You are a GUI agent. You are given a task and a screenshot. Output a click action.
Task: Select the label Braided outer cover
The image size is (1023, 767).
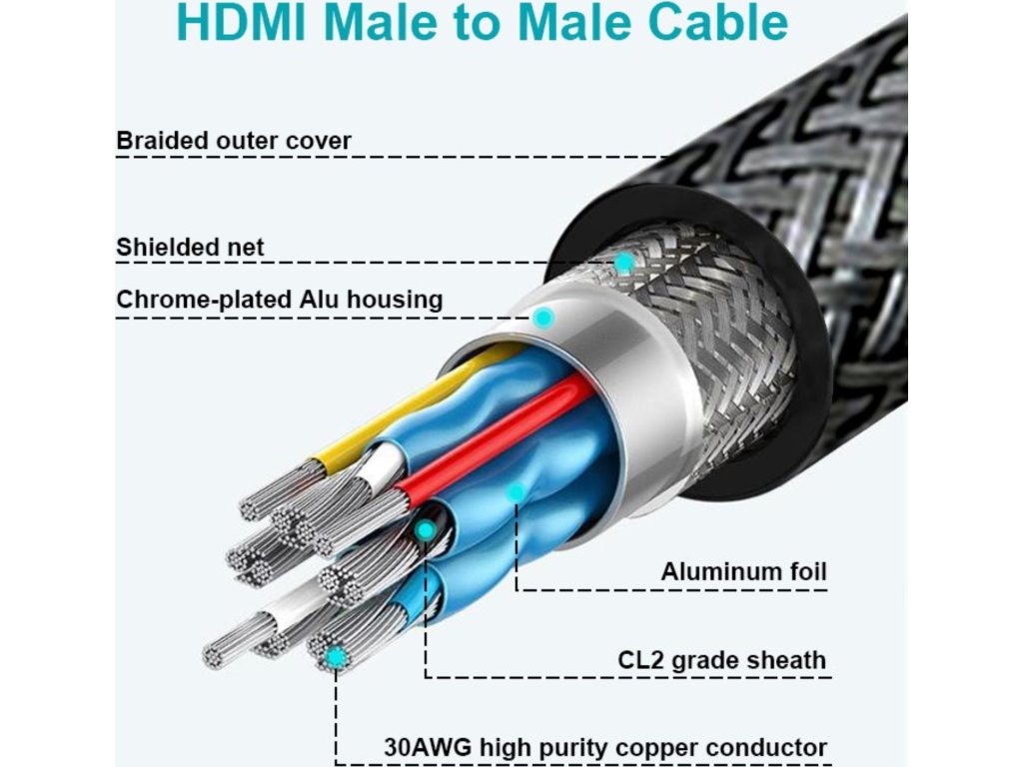click(234, 141)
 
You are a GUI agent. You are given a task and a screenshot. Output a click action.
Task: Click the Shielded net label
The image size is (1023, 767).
click(190, 247)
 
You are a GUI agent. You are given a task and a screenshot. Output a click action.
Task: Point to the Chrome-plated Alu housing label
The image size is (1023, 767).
click(279, 300)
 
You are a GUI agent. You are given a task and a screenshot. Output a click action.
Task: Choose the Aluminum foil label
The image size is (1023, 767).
click(743, 572)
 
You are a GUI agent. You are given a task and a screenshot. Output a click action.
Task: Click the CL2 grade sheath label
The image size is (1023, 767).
click(722, 659)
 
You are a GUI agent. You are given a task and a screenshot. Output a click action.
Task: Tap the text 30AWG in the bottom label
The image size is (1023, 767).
click(430, 747)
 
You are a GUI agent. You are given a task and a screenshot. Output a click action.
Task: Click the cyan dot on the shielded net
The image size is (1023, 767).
click(623, 263)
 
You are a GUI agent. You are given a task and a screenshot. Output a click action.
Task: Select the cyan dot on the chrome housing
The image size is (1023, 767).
click(543, 319)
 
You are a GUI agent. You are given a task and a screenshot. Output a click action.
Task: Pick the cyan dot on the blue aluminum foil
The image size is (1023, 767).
click(515, 492)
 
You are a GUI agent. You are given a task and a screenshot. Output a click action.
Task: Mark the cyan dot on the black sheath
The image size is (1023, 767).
click(427, 529)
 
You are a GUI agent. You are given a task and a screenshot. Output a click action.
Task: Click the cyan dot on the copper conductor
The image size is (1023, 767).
click(337, 656)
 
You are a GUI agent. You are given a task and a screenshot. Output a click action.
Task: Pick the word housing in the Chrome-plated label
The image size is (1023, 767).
click(400, 300)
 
